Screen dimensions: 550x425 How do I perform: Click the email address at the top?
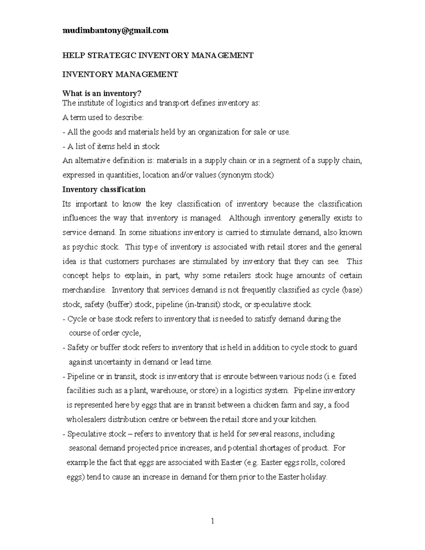point(115,31)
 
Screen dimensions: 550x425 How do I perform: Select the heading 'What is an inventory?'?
point(102,93)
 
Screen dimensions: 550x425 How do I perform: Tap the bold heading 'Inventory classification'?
point(104,189)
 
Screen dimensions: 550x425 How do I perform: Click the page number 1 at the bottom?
point(212,521)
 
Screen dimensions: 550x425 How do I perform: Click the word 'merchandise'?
point(84,290)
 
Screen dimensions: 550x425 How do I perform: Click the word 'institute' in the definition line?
point(91,103)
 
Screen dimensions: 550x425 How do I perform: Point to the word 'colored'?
point(333,463)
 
